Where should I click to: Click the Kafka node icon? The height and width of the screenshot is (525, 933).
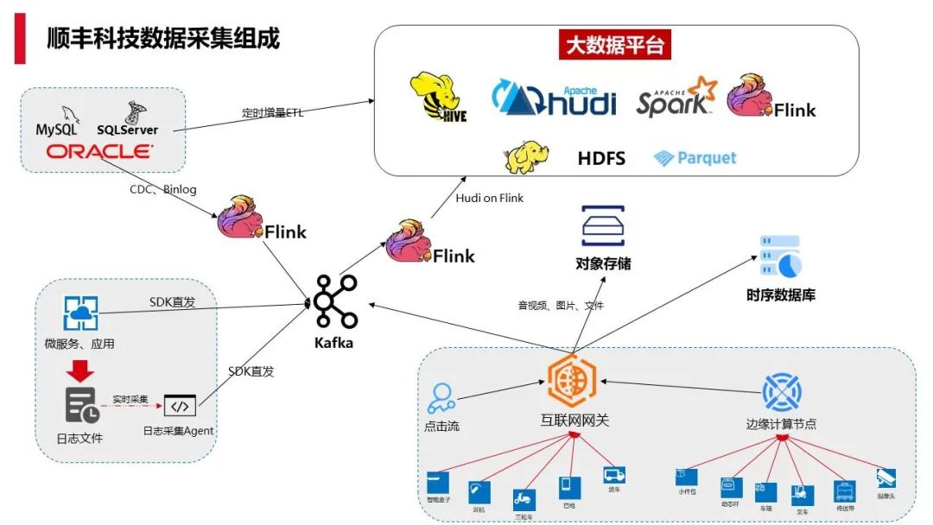coord(334,302)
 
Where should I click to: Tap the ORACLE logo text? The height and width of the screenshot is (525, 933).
coord(99,152)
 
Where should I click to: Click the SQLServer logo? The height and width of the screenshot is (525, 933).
coord(129,121)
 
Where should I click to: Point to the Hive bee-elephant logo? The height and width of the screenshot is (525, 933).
coord(439,97)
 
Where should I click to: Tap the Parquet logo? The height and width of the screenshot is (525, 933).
coord(695,158)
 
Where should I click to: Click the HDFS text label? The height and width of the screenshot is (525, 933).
coord(601,158)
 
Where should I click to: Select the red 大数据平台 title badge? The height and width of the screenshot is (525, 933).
coord(615,46)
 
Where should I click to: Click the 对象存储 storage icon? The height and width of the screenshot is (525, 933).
coord(602,227)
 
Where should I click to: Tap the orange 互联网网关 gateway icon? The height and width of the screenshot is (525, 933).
coord(571,381)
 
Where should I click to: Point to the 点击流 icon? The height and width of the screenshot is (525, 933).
coord(441,398)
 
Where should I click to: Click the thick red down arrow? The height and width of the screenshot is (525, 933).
coord(82,370)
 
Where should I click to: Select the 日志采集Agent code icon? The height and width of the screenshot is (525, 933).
coord(180,405)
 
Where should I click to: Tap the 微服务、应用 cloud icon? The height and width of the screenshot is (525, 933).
coord(80,313)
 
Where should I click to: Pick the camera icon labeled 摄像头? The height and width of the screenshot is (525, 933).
coord(885,478)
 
